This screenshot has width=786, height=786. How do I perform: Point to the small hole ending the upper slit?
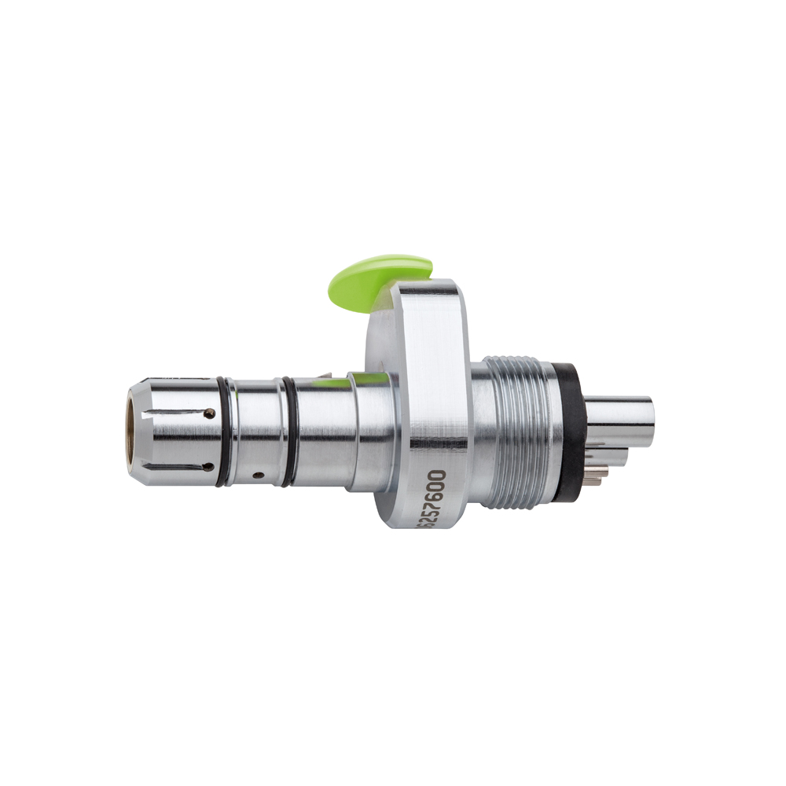pyautogui.click(x=208, y=412)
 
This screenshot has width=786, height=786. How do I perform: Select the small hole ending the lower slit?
pyautogui.click(x=208, y=467)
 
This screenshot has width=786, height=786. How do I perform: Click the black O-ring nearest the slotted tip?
pyautogui.click(x=226, y=431)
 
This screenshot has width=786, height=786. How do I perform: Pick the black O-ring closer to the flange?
pyautogui.click(x=290, y=431)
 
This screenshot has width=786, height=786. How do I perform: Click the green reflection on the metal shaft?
pyautogui.click(x=330, y=384)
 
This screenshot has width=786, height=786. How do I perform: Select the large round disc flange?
pyautogui.click(x=424, y=393)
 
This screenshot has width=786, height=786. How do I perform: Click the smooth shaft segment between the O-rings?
pyautogui.click(x=258, y=428)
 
